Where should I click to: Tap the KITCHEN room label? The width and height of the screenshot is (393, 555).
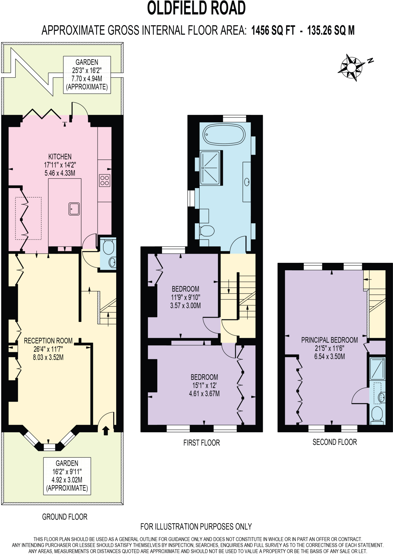pos(60,157)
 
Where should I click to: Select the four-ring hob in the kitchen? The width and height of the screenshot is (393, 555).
pos(105,180)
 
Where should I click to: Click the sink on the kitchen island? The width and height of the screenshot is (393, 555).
pos(74,209)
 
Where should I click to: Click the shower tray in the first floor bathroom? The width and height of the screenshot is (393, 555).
pos(210,168)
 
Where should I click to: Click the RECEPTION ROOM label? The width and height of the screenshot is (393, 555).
pos(48,341)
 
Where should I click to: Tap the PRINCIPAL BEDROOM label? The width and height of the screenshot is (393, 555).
pos(329,340)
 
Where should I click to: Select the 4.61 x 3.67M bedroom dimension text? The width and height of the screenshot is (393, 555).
pos(204,393)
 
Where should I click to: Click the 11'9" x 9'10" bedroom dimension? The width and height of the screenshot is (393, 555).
pos(186,297)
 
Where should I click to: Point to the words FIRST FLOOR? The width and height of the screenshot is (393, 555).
pos(202,443)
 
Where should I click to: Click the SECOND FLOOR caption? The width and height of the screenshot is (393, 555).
pos(334,442)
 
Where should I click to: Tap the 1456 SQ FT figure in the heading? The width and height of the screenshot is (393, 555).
pos(273,30)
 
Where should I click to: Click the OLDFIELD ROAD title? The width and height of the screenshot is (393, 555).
pos(196,8)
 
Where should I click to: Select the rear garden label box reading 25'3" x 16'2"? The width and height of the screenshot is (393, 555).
pos(87,75)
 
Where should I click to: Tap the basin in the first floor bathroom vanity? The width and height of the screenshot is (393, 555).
pos(247,182)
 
